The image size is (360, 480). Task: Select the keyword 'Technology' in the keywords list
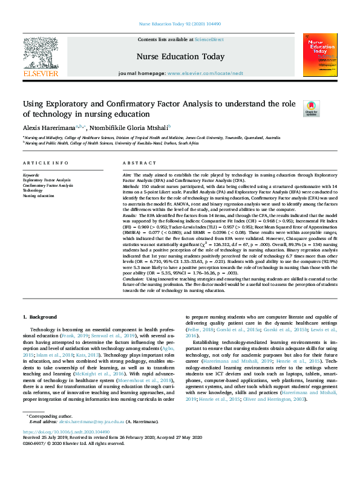33,190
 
